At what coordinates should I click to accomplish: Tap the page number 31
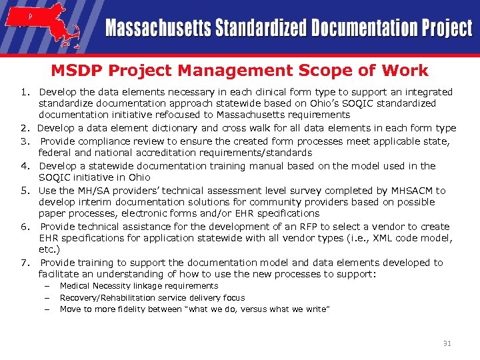[447, 343]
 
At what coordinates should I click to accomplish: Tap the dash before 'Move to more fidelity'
[48, 309]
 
